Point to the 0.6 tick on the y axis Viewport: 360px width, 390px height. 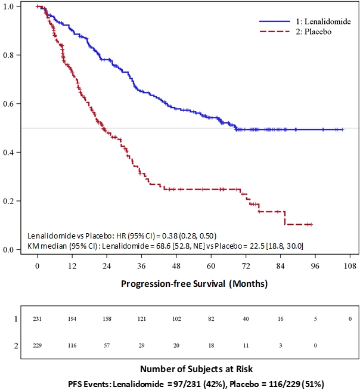[x=14, y=104]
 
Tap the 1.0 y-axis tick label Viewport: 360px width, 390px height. [x=14, y=6]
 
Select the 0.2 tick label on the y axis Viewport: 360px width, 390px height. [x=14, y=201]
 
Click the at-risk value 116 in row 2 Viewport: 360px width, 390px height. [x=72, y=345]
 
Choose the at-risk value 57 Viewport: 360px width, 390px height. [x=107, y=345]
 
